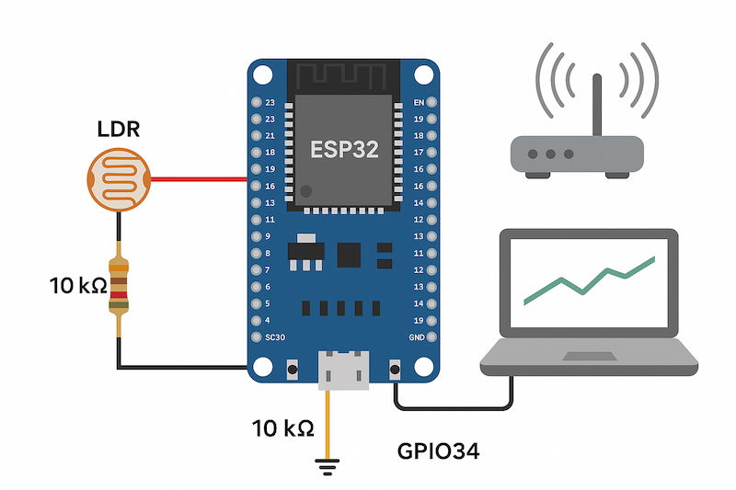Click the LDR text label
point(119,130)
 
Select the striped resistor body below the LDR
point(119,285)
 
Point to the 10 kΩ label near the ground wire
point(283,427)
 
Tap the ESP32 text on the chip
point(344,150)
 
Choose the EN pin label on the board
point(420,102)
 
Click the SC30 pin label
point(273,337)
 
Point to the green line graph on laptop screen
point(589,279)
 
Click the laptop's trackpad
point(589,356)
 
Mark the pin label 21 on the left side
point(270,136)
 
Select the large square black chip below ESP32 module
point(350,255)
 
